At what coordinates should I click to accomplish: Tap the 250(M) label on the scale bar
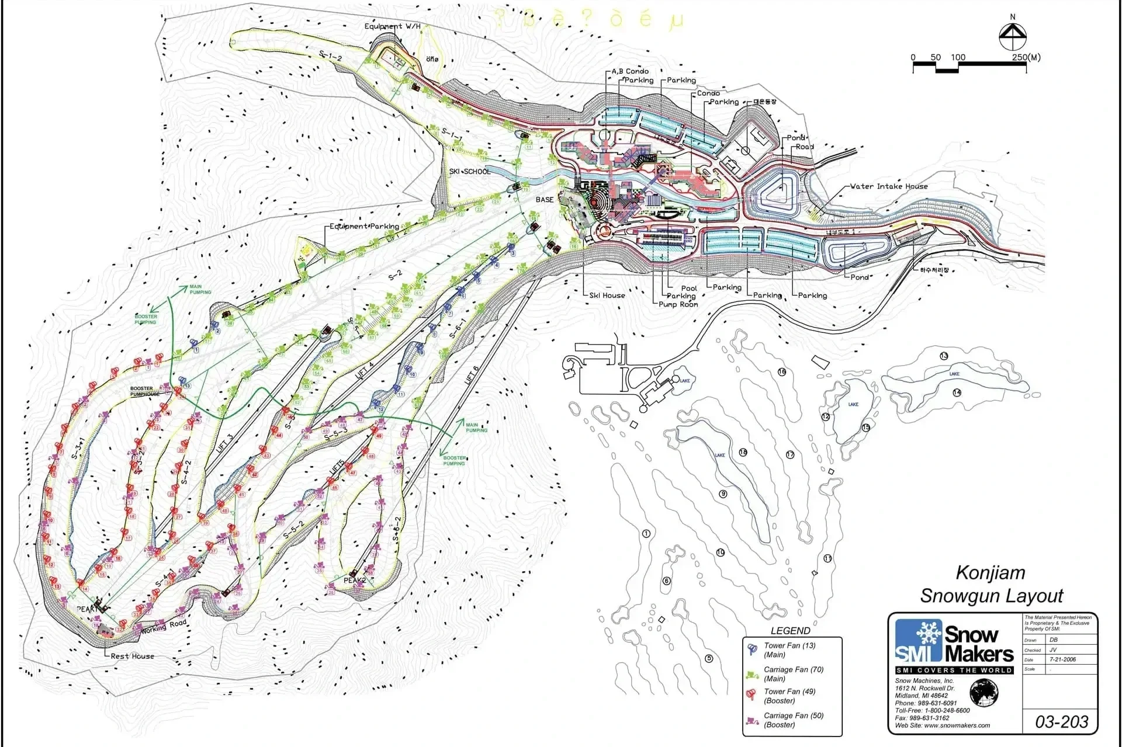point(1026,57)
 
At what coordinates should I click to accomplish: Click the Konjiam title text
point(991,572)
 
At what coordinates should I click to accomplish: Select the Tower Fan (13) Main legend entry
point(789,650)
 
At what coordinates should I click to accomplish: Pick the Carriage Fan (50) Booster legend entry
point(793,720)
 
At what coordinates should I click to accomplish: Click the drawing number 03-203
point(1061,722)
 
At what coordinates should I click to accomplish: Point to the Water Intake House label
point(888,186)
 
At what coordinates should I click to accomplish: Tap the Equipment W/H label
point(392,26)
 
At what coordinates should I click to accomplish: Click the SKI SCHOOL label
point(470,172)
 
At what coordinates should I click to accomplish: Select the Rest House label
point(133,656)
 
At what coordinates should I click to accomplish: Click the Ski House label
point(607,296)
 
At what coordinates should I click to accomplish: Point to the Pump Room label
point(678,304)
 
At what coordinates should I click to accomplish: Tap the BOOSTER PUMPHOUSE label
point(144,391)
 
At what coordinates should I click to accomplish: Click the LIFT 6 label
point(472,374)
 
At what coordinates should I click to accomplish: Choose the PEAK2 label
point(355,581)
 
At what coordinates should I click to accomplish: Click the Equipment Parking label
point(364,227)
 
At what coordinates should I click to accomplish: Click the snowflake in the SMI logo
point(927,633)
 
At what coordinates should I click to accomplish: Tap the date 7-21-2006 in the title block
point(1062,659)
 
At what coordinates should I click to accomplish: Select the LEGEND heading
point(790,631)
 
